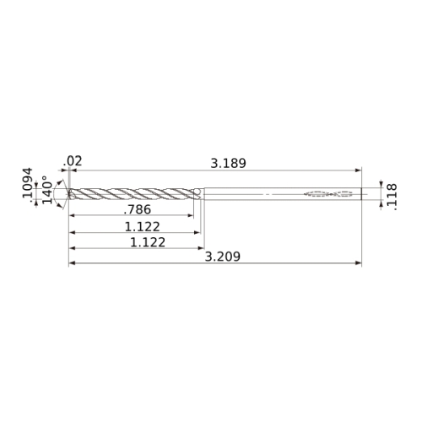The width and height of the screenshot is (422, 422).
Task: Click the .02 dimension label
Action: click(73, 161)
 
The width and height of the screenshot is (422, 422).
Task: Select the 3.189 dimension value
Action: click(228, 164)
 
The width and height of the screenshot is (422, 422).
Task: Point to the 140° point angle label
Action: click(47, 190)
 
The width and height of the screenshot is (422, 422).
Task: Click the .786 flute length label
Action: click(138, 209)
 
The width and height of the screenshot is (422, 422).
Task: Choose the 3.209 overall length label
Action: click(223, 257)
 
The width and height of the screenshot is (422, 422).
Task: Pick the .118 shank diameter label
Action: click(392, 197)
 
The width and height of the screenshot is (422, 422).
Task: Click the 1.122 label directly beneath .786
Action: click(142, 227)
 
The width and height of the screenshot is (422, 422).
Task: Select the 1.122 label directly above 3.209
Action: click(148, 242)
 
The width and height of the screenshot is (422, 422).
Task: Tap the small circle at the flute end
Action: click(197, 192)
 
